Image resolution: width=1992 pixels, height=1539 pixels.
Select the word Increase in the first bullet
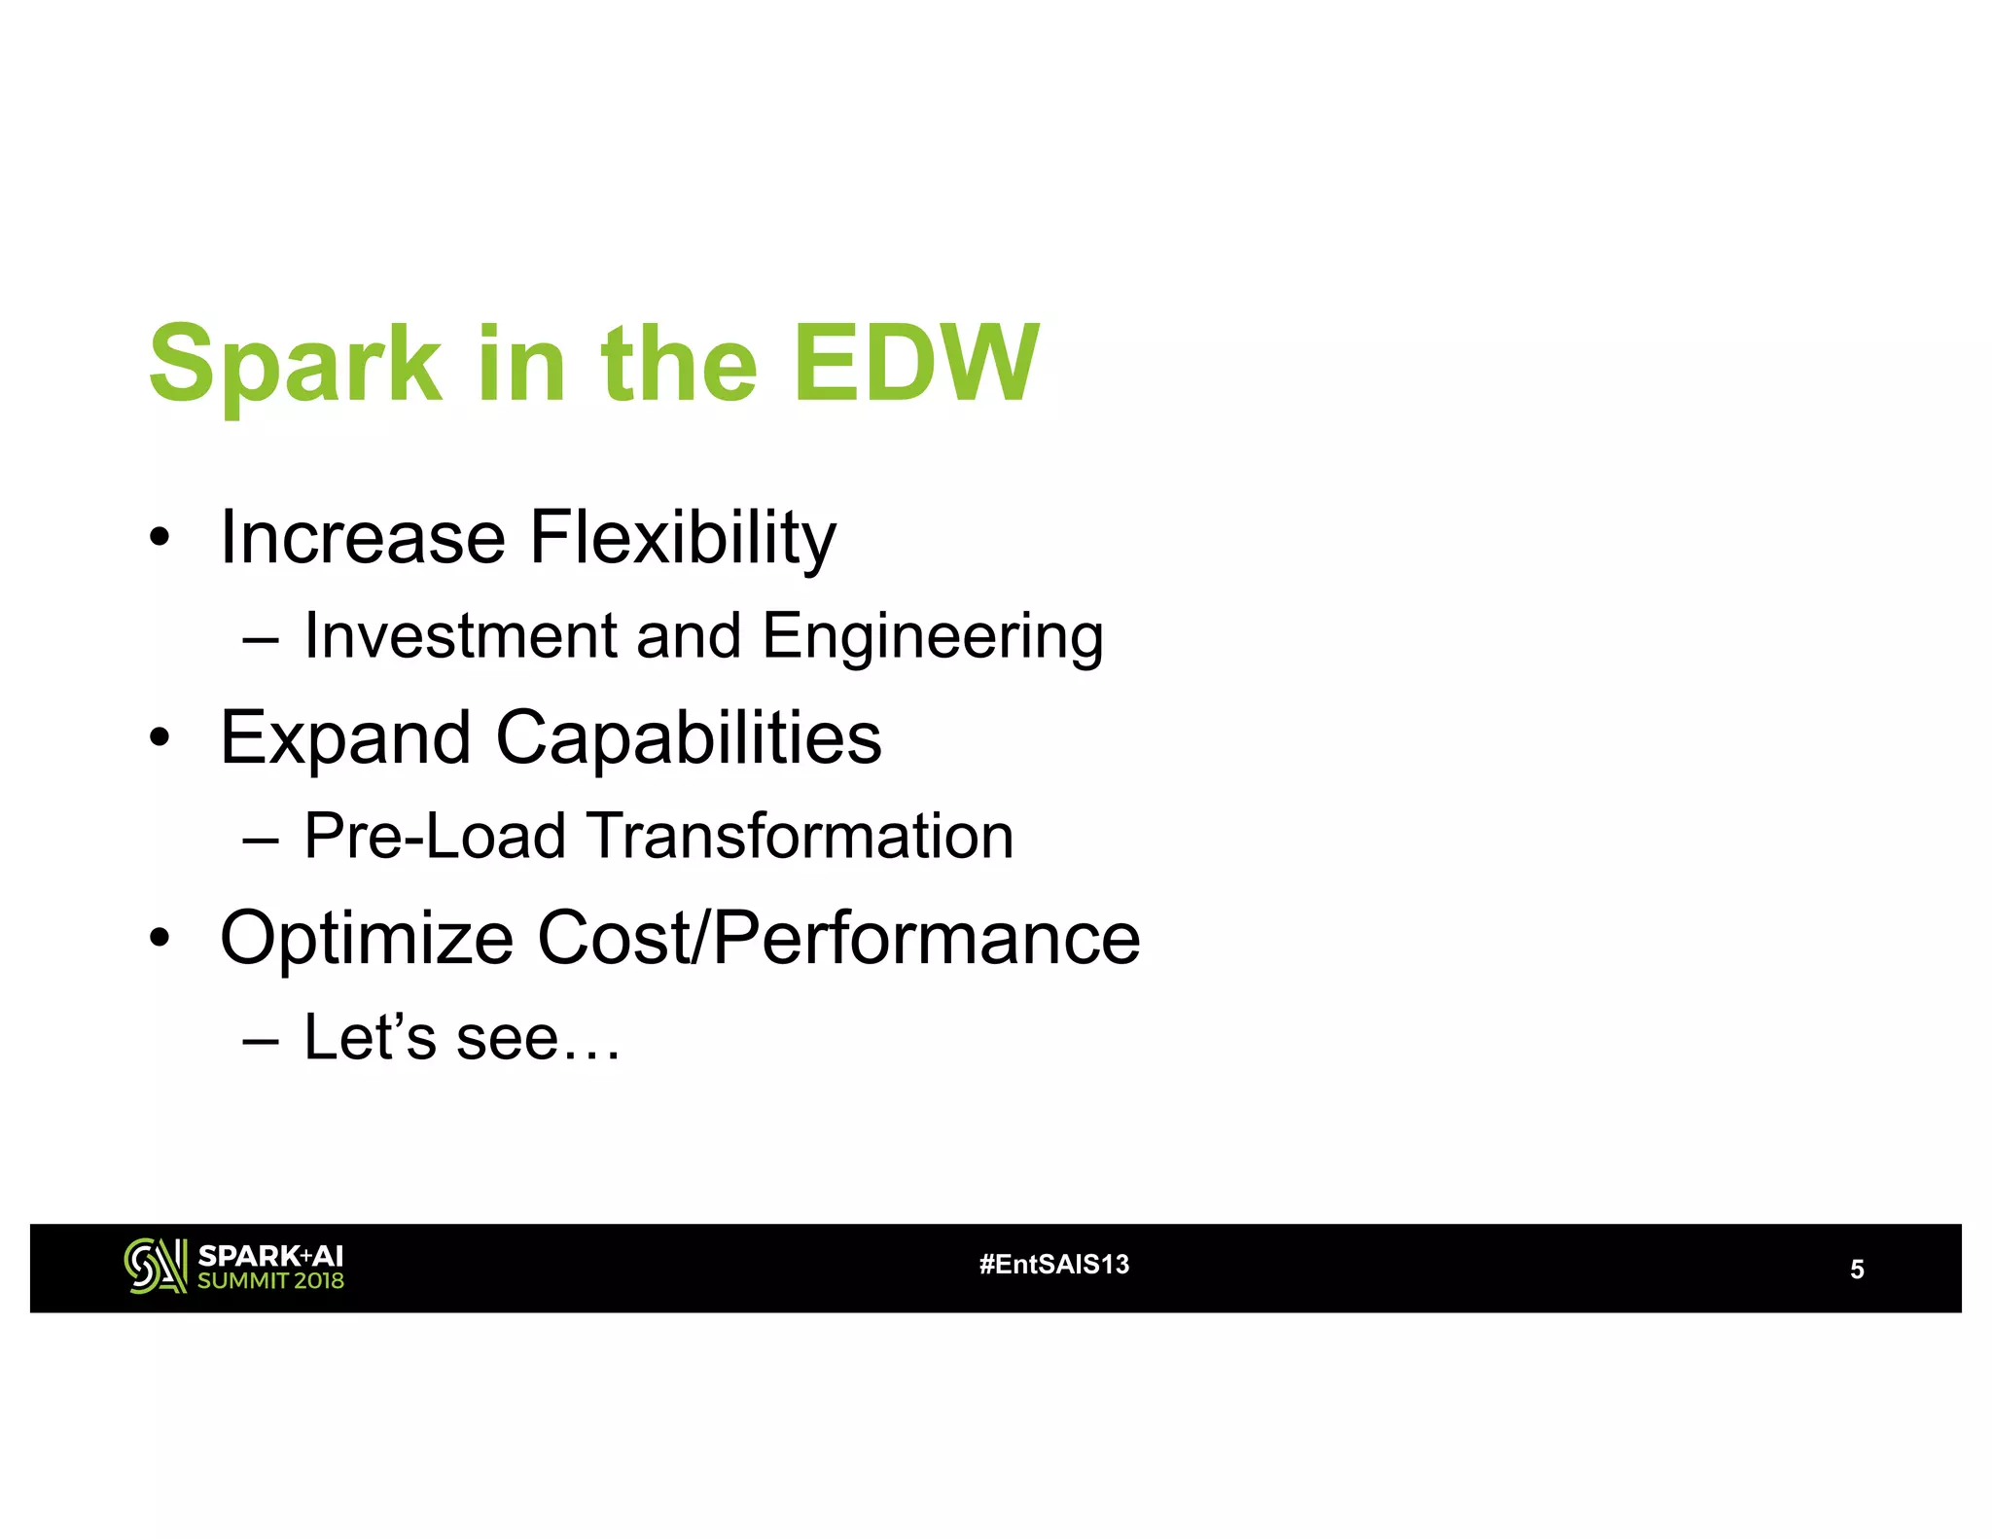click(x=362, y=537)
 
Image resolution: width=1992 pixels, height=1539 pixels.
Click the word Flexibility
click(x=682, y=539)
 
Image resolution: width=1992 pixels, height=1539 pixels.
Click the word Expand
click(x=345, y=739)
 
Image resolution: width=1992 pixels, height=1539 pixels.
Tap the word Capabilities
click(x=688, y=739)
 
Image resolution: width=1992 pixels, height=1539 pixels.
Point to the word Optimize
click(x=367, y=939)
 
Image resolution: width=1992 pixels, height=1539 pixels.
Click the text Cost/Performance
click(x=838, y=939)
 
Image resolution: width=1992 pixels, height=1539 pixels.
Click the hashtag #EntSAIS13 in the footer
click(x=1053, y=1265)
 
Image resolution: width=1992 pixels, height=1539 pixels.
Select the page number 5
click(x=1856, y=1270)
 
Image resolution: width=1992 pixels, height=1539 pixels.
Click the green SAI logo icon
click(x=155, y=1266)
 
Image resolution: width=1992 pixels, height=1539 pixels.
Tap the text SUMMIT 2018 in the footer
click(x=270, y=1281)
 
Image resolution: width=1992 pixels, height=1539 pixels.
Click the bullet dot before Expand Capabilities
click(x=160, y=739)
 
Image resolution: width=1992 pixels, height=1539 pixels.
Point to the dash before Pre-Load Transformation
click(x=261, y=839)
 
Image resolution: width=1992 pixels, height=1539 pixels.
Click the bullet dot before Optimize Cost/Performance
click(x=160, y=939)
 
